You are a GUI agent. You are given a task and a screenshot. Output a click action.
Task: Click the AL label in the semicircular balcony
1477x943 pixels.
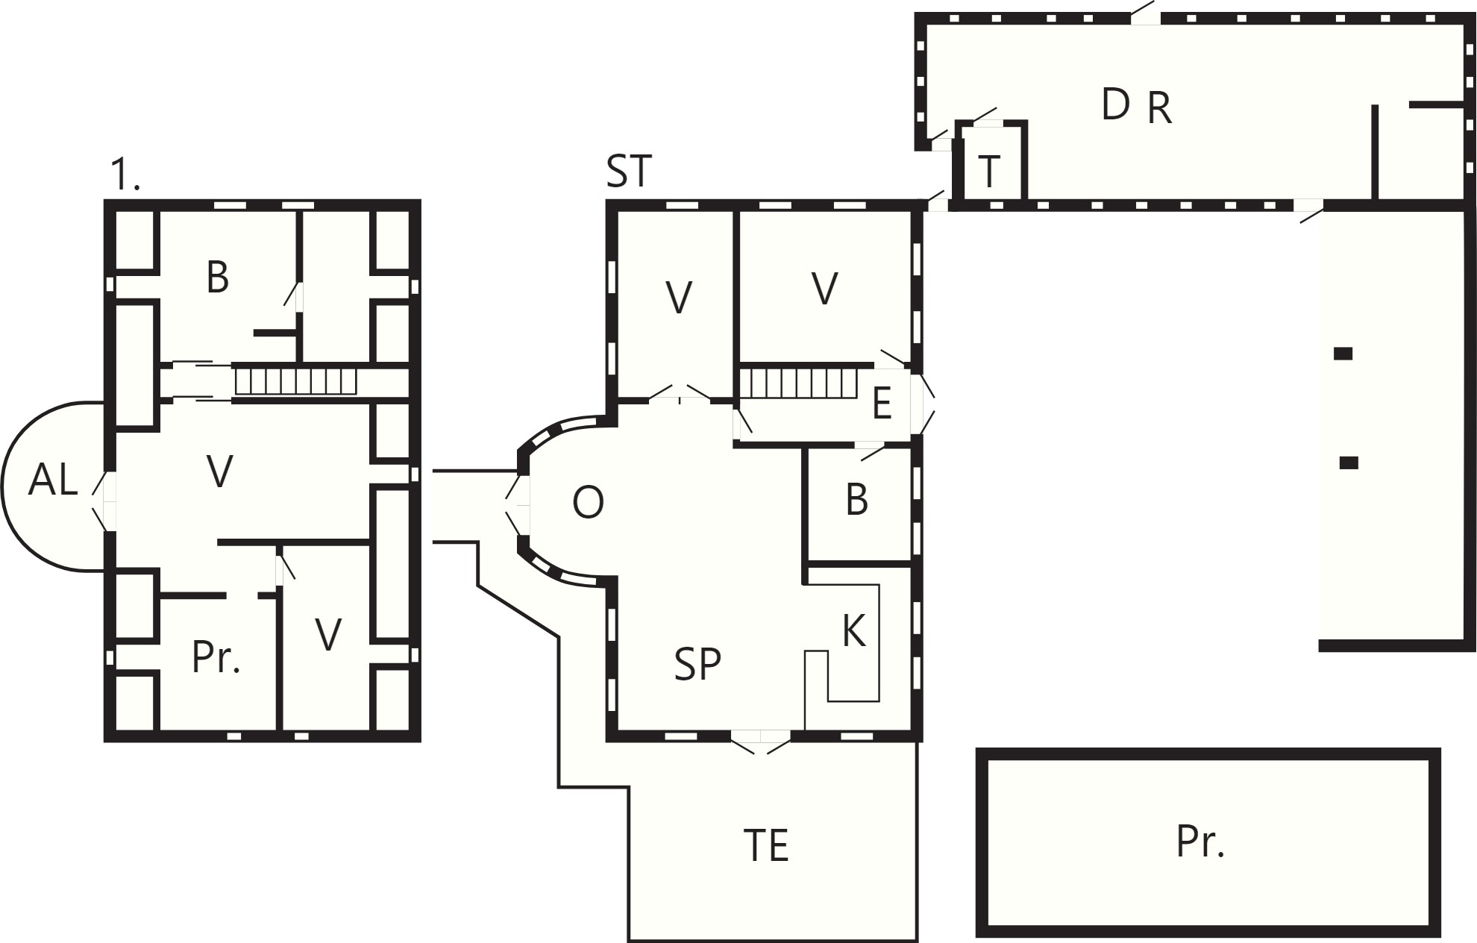(x=53, y=480)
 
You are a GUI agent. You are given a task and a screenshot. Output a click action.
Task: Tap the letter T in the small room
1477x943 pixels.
(x=988, y=172)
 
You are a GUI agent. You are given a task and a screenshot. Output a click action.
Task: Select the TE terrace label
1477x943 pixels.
(x=766, y=845)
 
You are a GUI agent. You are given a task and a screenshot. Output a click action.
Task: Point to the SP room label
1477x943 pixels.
(x=697, y=664)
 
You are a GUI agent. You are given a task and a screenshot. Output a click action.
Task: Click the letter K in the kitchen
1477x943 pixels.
(x=853, y=631)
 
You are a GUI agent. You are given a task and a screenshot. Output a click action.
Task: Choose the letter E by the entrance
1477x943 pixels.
(x=882, y=404)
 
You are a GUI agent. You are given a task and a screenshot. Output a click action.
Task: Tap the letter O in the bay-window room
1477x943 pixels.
(x=588, y=503)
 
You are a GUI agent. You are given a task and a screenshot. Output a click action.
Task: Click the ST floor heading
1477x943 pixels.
(x=629, y=171)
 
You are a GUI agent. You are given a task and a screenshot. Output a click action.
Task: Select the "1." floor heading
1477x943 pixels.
(x=125, y=175)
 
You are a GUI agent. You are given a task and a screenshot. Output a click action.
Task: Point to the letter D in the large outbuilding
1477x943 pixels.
(x=1115, y=104)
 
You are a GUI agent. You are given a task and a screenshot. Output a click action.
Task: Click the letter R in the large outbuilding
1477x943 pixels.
(x=1159, y=108)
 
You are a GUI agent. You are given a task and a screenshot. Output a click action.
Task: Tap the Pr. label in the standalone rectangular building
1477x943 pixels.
(x=1200, y=842)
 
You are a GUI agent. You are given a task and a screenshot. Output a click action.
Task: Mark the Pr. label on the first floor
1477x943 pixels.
(x=216, y=657)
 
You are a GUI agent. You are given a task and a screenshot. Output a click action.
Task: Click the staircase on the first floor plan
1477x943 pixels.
(x=296, y=381)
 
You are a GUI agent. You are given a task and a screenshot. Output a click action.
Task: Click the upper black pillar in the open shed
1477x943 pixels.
(x=1343, y=354)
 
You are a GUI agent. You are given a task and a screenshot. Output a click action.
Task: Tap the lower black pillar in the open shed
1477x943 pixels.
(x=1349, y=463)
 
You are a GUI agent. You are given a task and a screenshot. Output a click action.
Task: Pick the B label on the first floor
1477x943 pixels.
(x=217, y=277)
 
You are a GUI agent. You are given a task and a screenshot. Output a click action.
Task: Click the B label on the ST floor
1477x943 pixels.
(x=857, y=500)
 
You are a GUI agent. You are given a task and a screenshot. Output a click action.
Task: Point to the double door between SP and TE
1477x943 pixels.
(x=760, y=742)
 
